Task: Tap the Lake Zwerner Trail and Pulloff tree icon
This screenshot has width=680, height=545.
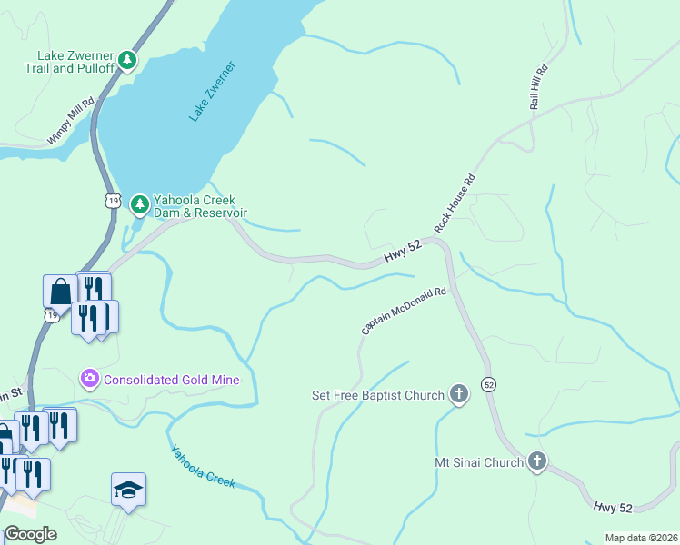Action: click(128, 61)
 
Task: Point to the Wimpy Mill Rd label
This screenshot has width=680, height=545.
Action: click(71, 122)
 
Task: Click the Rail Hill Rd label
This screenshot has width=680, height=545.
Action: click(541, 87)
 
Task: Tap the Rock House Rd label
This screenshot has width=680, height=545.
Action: click(455, 203)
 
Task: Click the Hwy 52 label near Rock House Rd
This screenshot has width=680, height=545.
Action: click(404, 256)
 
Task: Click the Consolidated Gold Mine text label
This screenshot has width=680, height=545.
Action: click(172, 380)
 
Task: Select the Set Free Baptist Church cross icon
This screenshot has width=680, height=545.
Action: click(460, 394)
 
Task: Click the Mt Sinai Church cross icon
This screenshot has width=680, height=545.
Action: click(537, 462)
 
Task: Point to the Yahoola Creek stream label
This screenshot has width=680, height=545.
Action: click(202, 466)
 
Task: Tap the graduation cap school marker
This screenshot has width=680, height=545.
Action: click(128, 490)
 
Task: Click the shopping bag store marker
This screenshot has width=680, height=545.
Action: click(60, 292)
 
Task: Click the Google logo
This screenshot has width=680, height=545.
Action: click(31, 533)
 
